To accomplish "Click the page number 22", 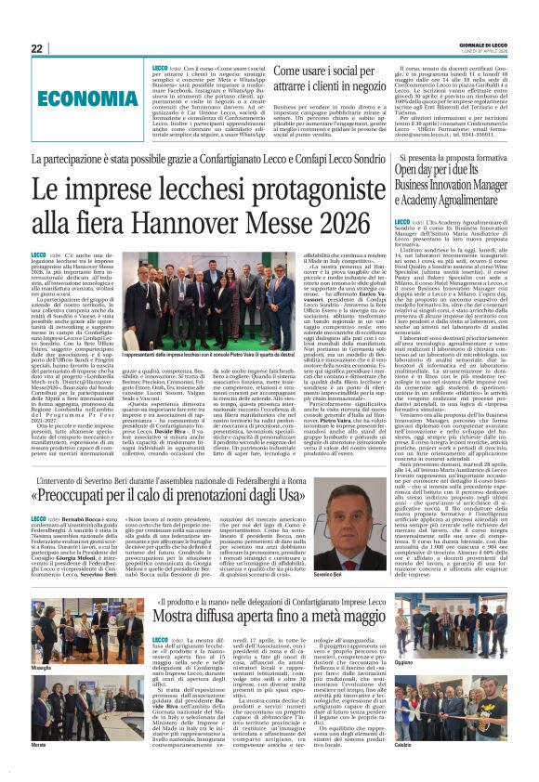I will [x=36, y=47].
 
